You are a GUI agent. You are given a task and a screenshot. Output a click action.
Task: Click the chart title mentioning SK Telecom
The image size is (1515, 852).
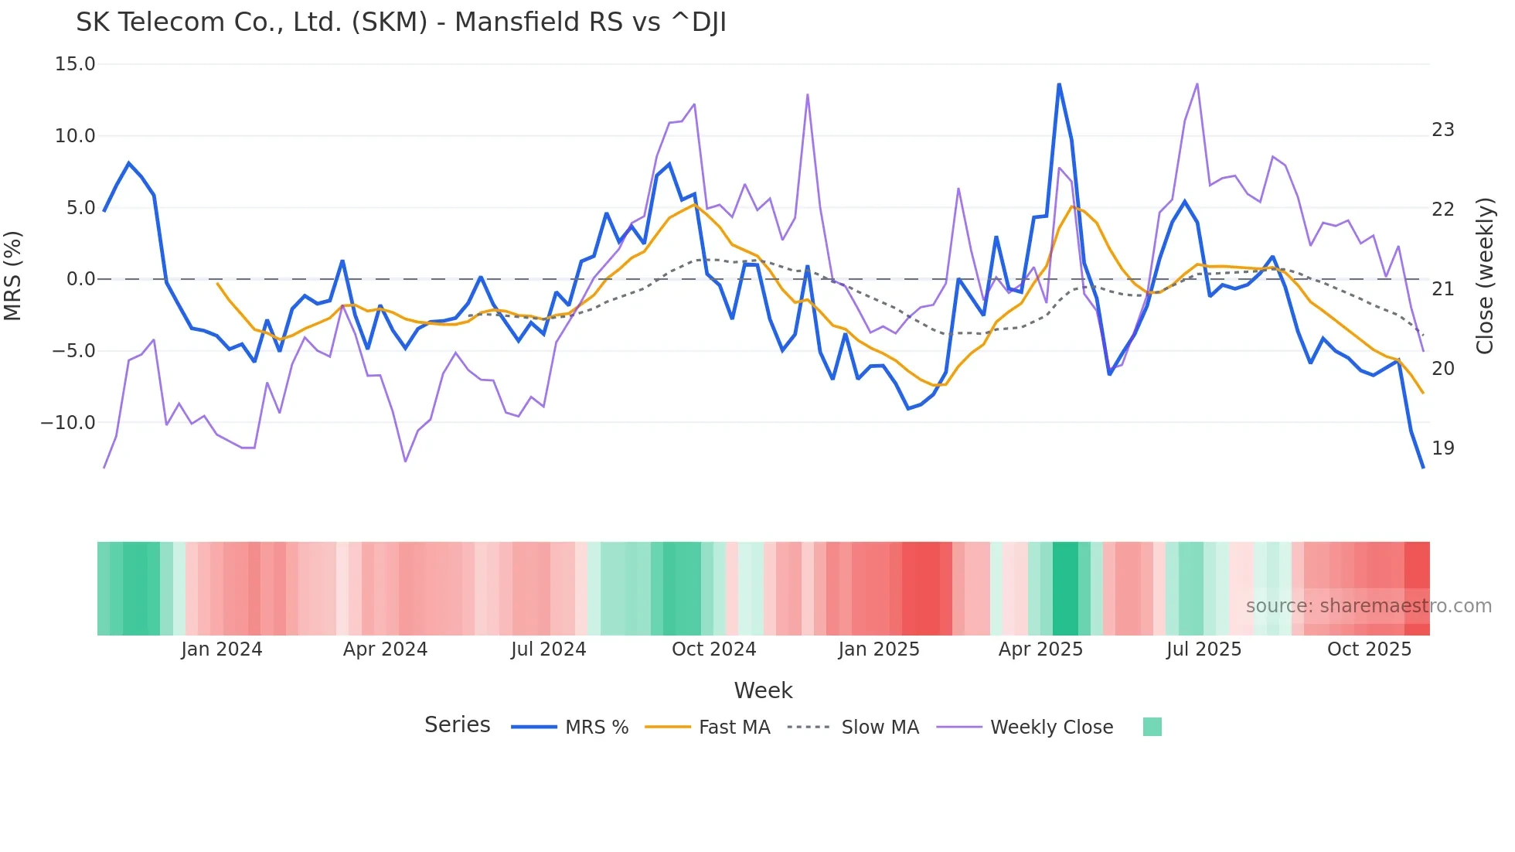[400, 22]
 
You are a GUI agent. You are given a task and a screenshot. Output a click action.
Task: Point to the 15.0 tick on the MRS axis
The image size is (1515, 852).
[75, 64]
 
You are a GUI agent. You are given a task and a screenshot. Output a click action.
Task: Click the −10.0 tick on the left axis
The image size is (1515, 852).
[68, 423]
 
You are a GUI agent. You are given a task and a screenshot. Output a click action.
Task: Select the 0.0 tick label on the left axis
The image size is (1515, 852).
[80, 279]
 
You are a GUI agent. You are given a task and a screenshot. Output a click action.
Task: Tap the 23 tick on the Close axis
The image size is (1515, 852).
[1442, 130]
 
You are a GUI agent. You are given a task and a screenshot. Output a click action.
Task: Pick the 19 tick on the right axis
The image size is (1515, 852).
[1442, 448]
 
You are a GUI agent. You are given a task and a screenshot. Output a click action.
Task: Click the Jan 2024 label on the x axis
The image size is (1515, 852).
[222, 649]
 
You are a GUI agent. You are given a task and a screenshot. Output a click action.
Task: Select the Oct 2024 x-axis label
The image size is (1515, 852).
[713, 649]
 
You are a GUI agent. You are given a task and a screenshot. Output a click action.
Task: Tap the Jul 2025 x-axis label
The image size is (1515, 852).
[1203, 649]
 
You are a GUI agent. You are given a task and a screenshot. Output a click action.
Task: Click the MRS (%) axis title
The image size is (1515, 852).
[13, 275]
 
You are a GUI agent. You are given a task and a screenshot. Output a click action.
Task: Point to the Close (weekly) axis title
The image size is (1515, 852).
[1485, 276]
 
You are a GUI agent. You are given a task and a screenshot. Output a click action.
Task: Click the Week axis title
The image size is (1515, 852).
[763, 690]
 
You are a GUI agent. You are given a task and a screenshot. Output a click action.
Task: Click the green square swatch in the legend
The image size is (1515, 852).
[1152, 727]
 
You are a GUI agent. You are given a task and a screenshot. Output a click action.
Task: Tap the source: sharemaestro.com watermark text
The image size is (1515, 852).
[1368, 606]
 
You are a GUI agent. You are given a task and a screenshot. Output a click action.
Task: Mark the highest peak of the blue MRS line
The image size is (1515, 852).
[1059, 84]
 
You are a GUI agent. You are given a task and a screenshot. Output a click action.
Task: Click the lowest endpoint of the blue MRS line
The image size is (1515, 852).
[1423, 467]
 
